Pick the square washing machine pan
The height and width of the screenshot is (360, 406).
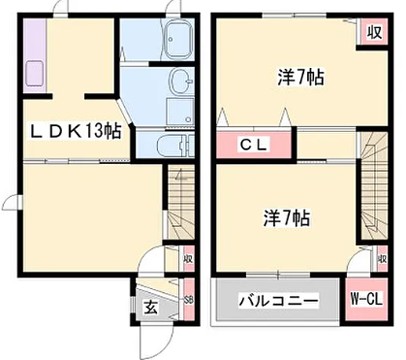[x=179, y=111]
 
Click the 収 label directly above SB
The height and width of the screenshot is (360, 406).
[x=187, y=261]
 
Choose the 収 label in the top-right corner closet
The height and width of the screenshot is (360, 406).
[x=373, y=32]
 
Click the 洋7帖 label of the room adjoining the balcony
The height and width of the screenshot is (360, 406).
[x=285, y=217]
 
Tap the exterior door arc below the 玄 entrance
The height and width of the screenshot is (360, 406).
[x=150, y=338]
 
